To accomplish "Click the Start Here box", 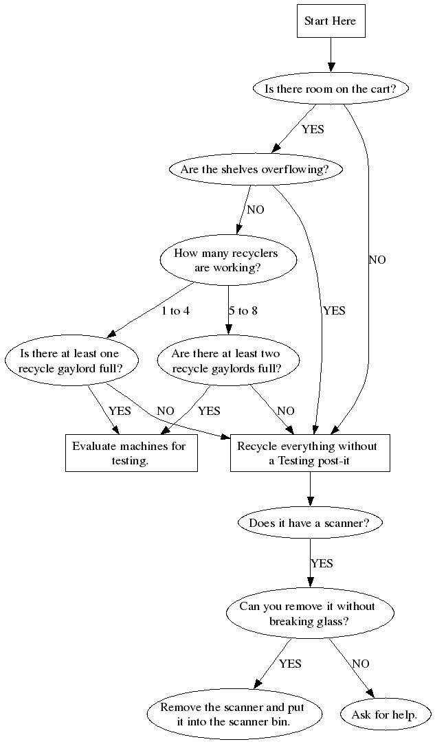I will tap(331, 21).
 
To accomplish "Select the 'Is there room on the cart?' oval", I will tap(331, 89).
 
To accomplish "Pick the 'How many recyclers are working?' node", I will tap(227, 260).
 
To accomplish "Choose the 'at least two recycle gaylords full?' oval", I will tap(226, 361).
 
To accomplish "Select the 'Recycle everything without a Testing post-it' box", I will tap(309, 453).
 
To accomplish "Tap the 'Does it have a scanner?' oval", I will tap(309, 523).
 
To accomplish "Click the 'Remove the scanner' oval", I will tap(234, 714).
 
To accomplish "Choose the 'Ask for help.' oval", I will tap(384, 714).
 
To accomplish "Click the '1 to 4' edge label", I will tap(175, 311).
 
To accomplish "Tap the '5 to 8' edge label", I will tap(243, 311).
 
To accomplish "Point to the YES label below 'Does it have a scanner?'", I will tap(321, 563).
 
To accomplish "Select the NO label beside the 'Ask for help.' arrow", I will tap(360, 664).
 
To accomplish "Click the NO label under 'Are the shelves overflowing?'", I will tap(255, 210).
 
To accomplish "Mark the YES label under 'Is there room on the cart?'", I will tap(312, 128).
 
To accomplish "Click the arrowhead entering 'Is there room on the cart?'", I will tap(331, 67).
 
